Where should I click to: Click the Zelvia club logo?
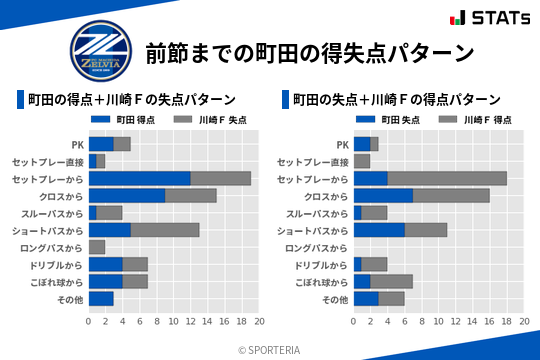click(99, 51)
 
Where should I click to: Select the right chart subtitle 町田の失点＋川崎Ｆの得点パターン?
click(396, 99)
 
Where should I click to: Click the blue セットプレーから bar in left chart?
click(139, 178)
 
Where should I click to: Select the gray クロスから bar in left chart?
click(190, 195)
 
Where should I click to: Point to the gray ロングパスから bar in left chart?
click(96, 246)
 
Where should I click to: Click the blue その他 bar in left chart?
click(101, 298)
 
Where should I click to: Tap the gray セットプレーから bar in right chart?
click(447, 178)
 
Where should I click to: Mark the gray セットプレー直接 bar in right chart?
click(362, 161)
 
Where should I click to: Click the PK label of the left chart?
click(78, 144)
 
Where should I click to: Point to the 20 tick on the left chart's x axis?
click(259, 322)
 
